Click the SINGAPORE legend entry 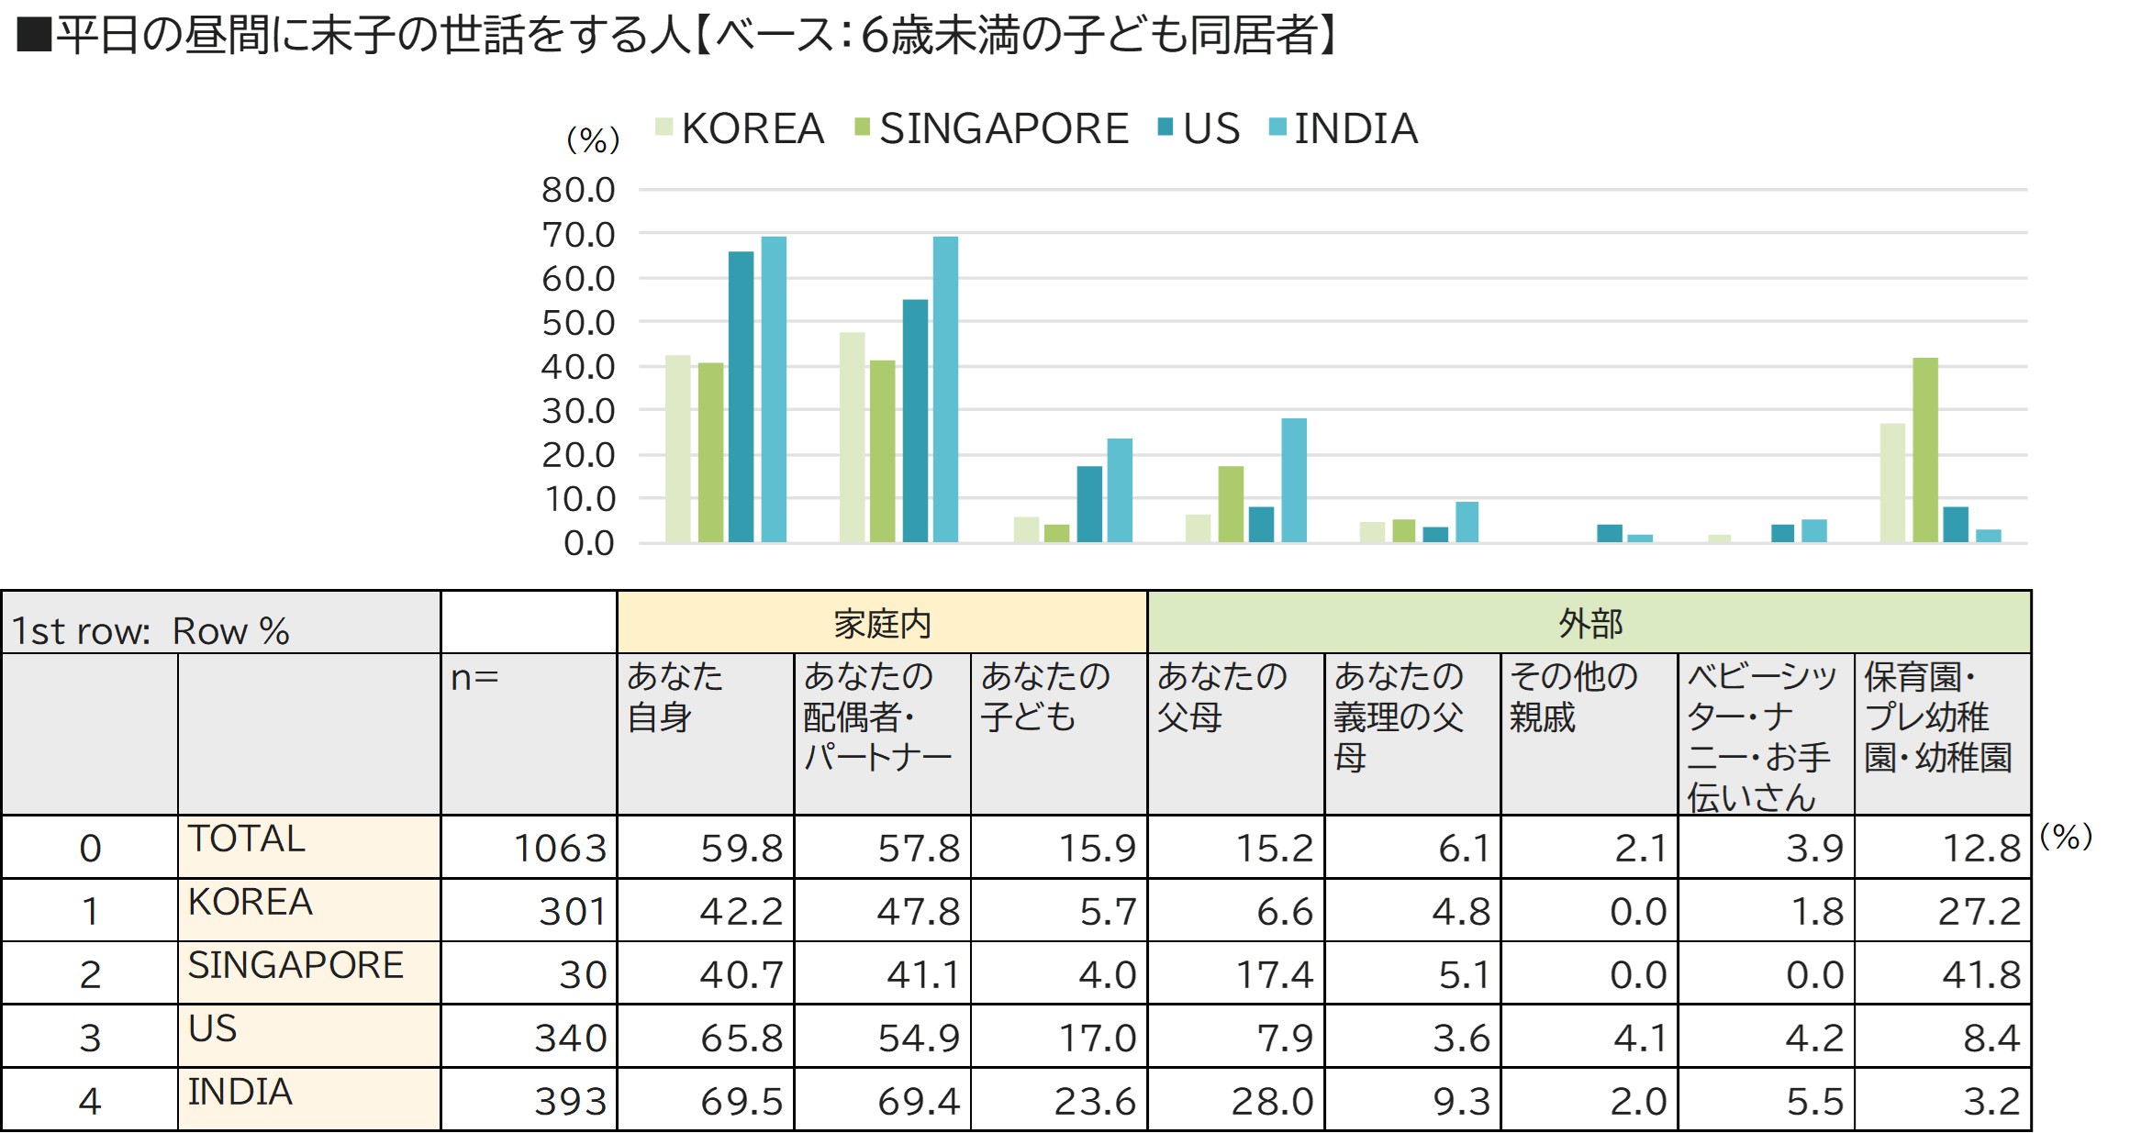tap(991, 128)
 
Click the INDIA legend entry tap(1344, 128)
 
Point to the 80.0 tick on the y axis tap(578, 190)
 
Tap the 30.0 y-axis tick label tap(578, 411)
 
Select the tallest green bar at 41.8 tap(1925, 450)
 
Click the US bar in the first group tap(741, 396)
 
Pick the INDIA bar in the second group tap(945, 389)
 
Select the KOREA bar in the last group tap(1892, 483)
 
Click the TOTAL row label tap(246, 839)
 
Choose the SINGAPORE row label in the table tap(296, 965)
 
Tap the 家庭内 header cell tap(882, 624)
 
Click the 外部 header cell tap(1589, 624)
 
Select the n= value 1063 tap(560, 848)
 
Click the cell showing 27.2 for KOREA tap(1979, 911)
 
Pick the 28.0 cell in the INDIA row tap(1272, 1101)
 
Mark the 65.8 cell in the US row tap(742, 1038)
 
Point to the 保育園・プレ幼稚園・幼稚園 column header tap(1938, 716)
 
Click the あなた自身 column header tap(675, 696)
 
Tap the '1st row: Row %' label tap(150, 631)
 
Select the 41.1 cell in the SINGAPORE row tap(922, 974)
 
